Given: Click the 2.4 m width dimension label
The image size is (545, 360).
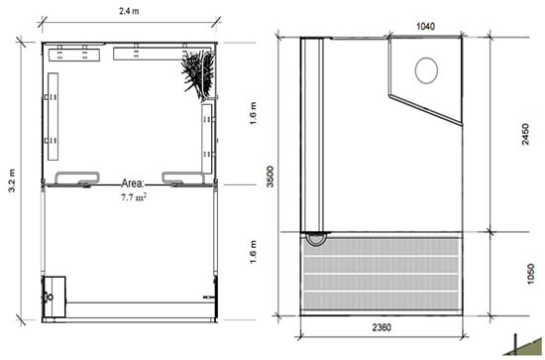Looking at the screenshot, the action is tap(129, 11).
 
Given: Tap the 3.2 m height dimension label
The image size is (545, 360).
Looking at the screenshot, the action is tap(12, 180).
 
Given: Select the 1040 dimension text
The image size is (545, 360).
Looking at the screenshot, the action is tap(425, 27).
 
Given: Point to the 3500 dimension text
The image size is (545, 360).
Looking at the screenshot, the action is tap(271, 177).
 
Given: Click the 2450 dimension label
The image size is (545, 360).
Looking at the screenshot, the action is tap(525, 134).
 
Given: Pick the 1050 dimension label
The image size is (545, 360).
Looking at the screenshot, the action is tap(530, 274).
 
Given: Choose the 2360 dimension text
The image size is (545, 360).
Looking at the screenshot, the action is tap(381, 327).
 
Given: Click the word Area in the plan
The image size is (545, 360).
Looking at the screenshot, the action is tap(133, 183).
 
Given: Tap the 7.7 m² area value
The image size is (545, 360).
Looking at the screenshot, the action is tap(134, 197).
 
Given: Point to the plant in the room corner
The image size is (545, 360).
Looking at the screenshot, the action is tap(198, 74).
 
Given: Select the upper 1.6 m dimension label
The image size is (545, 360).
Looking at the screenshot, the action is tap(253, 114).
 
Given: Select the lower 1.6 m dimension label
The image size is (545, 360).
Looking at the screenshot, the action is tap(253, 252).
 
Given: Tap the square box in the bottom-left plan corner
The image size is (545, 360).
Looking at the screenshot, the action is tap(54, 297).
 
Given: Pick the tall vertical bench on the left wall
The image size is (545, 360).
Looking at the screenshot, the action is tap(53, 116).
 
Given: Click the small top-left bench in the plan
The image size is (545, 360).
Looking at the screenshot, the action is tap(74, 55).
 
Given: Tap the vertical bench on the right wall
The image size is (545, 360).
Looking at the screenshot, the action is tap(207, 139).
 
